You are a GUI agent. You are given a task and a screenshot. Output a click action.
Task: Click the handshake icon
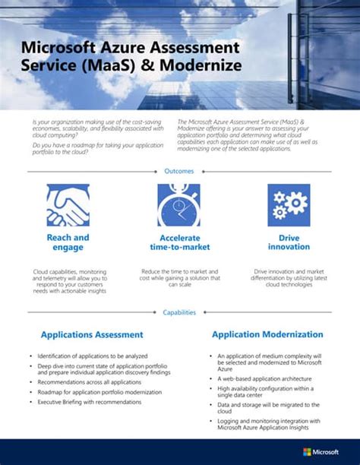pos(68,205)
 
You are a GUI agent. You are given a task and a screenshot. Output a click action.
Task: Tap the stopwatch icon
pos(179,205)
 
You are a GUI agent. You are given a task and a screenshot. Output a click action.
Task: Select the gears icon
pos(289,205)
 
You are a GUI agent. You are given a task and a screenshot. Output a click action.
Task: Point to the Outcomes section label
pos(179,171)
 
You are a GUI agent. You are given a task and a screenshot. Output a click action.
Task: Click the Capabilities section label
pos(179,312)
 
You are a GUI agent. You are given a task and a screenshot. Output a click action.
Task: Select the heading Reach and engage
pos(68,242)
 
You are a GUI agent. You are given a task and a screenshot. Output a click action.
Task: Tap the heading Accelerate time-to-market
pos(179,242)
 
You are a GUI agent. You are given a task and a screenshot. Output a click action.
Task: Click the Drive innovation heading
pos(289,242)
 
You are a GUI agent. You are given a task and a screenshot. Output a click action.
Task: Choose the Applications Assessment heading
pos(91,334)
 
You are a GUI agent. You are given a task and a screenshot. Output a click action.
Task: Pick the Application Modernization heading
pos(267,334)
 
